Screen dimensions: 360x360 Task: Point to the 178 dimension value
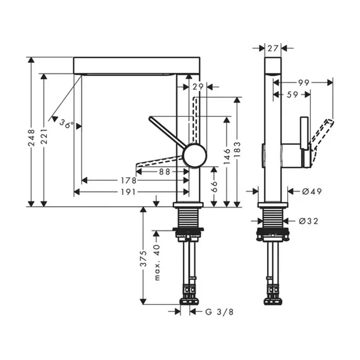tap(128, 180)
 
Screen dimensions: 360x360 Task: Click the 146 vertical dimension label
tap(227, 155)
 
